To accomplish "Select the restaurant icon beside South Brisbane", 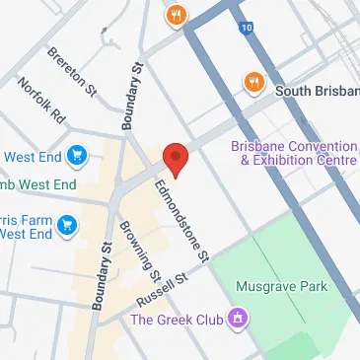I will point(253,83).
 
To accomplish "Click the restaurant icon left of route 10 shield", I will point(178,14).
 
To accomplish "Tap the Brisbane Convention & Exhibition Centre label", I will point(294,154).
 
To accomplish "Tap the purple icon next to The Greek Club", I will point(237,318).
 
